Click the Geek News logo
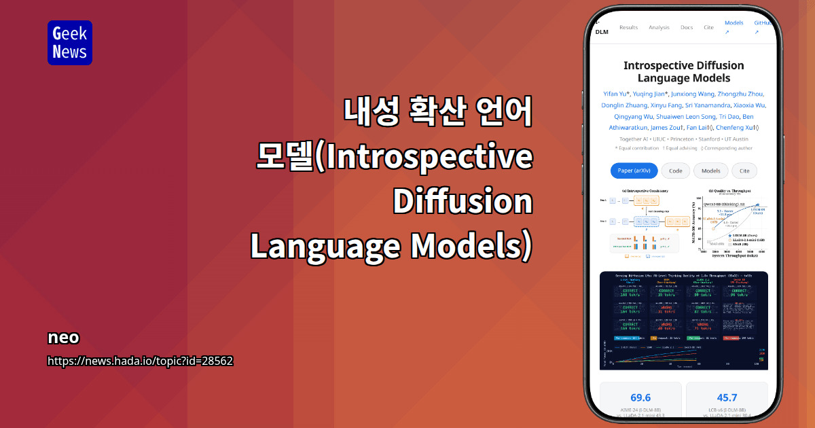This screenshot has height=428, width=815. pyautogui.click(x=69, y=43)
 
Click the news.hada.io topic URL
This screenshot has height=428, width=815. pyautogui.click(x=140, y=361)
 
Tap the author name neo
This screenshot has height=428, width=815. pyautogui.click(x=63, y=338)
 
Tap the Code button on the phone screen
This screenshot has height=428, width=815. pyautogui.click(x=676, y=171)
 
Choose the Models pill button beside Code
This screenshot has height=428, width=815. pyautogui.click(x=711, y=171)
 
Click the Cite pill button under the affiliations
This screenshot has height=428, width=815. pyautogui.click(x=744, y=171)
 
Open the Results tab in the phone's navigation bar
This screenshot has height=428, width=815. pyautogui.click(x=628, y=28)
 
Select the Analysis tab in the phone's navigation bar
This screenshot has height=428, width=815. pyautogui.click(x=659, y=28)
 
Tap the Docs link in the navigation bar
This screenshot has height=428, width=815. pyautogui.click(x=687, y=28)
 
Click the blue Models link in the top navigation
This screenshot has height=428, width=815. pyautogui.click(x=733, y=23)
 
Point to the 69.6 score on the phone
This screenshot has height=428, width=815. pyautogui.click(x=640, y=397)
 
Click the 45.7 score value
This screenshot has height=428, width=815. pyautogui.click(x=727, y=397)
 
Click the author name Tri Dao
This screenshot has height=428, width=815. pyautogui.click(x=731, y=116)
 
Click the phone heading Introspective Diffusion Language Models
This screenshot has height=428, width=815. pyautogui.click(x=683, y=72)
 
